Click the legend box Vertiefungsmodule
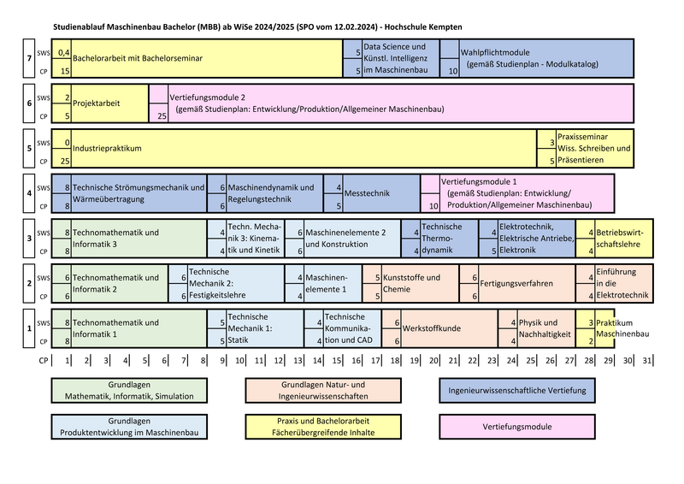pos(517,427)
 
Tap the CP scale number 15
pos(338,362)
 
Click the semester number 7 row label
pos(29,58)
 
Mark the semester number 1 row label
pos(29,328)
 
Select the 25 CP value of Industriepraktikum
pos(65,160)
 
